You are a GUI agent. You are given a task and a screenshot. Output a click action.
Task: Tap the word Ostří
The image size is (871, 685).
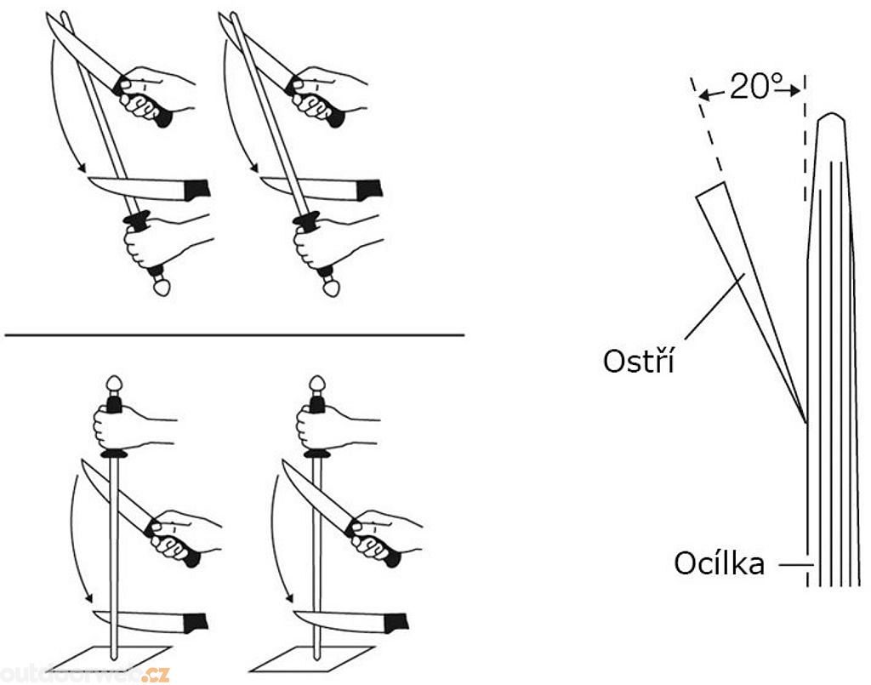(x=638, y=361)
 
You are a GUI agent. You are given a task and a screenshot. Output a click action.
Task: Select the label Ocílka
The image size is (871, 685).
(x=720, y=563)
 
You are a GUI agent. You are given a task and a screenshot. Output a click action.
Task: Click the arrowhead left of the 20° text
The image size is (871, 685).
(x=703, y=94)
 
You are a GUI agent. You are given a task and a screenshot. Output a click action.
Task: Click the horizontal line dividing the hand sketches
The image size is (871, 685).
(x=234, y=335)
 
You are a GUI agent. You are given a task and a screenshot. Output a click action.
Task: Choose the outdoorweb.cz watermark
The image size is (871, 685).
(x=85, y=675)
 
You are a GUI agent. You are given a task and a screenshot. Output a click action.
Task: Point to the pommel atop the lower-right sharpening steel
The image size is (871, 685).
(x=317, y=382)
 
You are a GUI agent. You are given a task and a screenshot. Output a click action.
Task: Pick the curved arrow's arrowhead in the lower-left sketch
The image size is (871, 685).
(x=88, y=600)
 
